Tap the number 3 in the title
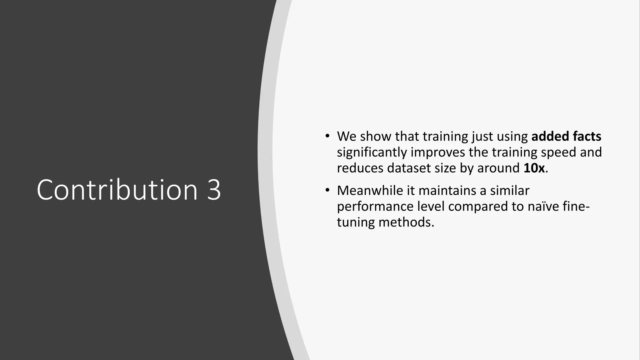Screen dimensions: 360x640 click(x=214, y=190)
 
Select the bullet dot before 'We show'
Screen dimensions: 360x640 click(x=327, y=136)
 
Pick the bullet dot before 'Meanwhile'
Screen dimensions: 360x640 click(x=327, y=190)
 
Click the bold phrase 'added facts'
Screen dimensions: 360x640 click(x=566, y=136)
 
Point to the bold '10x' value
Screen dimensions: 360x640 click(x=534, y=168)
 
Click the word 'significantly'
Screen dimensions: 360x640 click(x=372, y=152)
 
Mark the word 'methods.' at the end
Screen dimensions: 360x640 click(x=406, y=222)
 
